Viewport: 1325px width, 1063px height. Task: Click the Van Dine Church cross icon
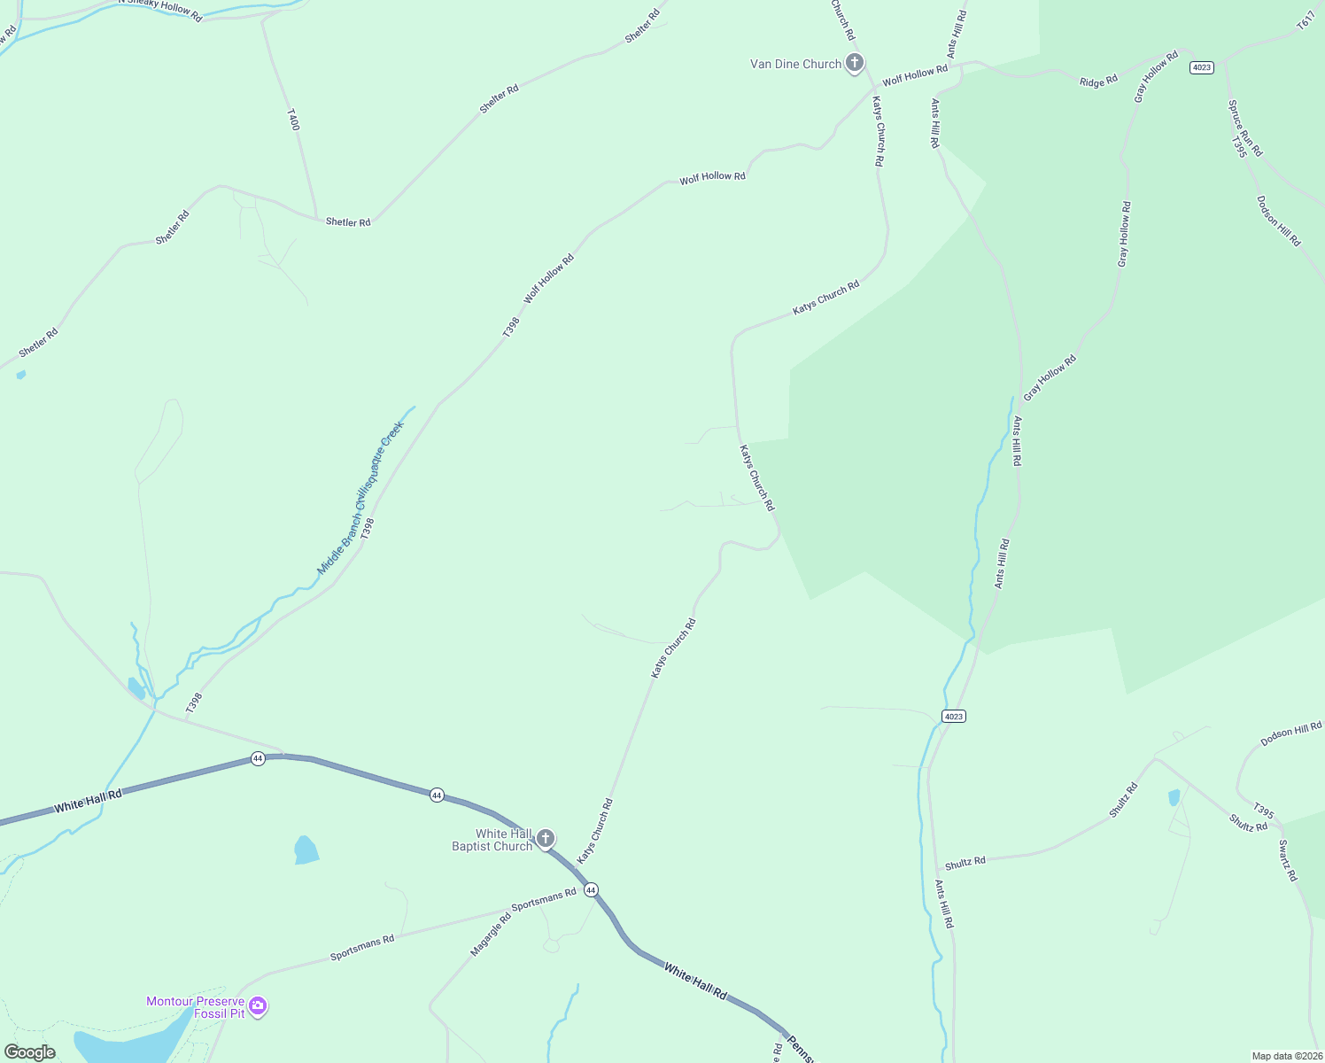tap(855, 63)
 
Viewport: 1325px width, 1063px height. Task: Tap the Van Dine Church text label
tap(795, 64)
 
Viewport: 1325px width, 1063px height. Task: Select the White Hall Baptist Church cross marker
tap(546, 838)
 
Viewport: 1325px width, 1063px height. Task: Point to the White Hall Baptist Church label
tap(492, 840)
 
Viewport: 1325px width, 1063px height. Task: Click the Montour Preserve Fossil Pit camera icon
tap(258, 1006)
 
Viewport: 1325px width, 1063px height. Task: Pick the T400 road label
tap(294, 120)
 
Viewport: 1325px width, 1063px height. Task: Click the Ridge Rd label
tap(1098, 81)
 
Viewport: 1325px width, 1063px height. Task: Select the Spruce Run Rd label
tap(1245, 128)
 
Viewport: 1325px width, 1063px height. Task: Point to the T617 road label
tap(1306, 21)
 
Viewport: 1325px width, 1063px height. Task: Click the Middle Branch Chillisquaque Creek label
tap(360, 498)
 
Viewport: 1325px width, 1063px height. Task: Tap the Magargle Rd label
tap(491, 935)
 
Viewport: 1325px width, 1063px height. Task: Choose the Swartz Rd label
tap(1288, 860)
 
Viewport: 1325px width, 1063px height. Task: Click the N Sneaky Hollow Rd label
tap(160, 9)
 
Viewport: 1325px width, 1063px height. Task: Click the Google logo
tap(30, 1051)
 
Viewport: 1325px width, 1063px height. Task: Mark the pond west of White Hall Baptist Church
tap(306, 850)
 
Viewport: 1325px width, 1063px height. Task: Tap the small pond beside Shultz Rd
tap(1174, 797)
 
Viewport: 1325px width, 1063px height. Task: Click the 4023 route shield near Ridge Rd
tap(1202, 67)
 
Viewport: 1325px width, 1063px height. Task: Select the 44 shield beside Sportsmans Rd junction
tap(591, 889)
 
